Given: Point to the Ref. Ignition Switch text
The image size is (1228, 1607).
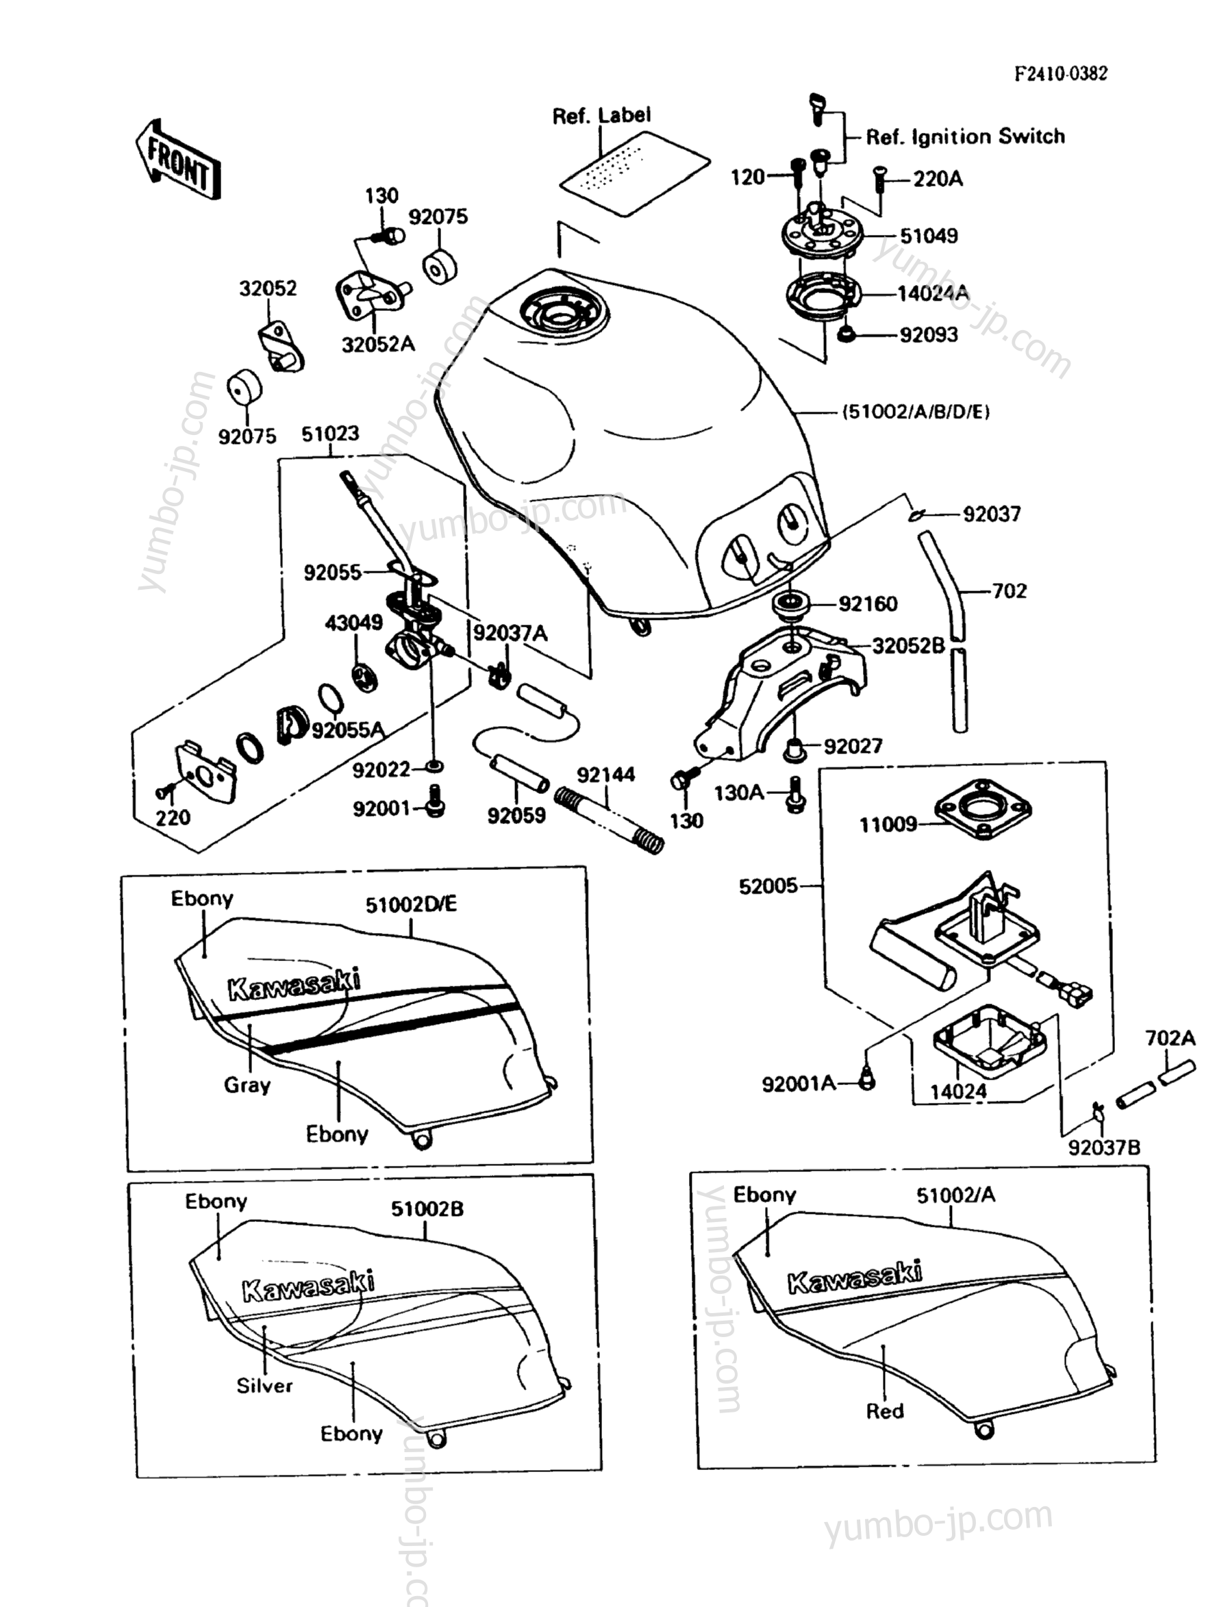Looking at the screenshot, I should pyautogui.click(x=965, y=137).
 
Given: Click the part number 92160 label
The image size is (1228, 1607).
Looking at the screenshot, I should pyautogui.click(x=868, y=604).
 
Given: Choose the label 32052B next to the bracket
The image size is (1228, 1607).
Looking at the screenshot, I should pyautogui.click(x=908, y=645).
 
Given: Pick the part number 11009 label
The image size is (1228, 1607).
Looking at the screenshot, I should pyautogui.click(x=888, y=825).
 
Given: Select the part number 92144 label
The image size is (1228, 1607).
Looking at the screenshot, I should pyautogui.click(x=606, y=775).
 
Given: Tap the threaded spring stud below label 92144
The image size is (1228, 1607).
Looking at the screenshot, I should pyautogui.click(x=610, y=819).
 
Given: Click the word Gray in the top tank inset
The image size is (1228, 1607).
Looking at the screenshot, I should pyautogui.click(x=247, y=1085).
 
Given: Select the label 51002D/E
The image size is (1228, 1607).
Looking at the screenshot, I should pyautogui.click(x=411, y=904).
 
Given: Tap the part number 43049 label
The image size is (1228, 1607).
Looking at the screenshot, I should pyautogui.click(x=354, y=622).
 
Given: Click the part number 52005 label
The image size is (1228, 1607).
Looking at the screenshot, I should pyautogui.click(x=768, y=886).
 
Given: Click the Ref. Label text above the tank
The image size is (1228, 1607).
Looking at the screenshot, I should pyautogui.click(x=601, y=116).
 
